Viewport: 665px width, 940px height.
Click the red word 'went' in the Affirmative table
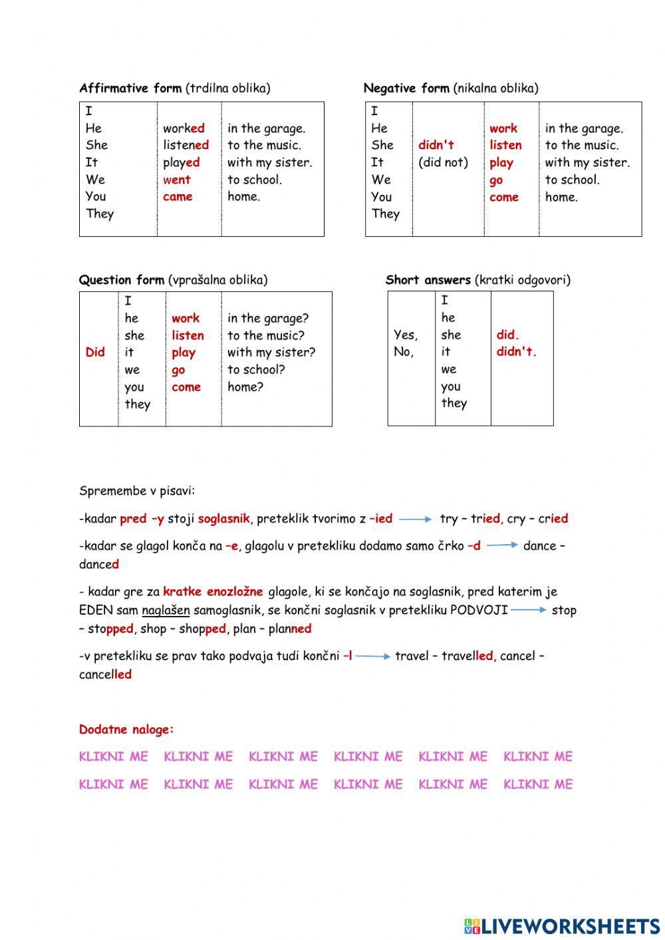pyautogui.click(x=177, y=180)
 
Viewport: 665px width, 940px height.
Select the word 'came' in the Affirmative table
pyautogui.click(x=178, y=197)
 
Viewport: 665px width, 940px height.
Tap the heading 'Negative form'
pyautogui.click(x=406, y=88)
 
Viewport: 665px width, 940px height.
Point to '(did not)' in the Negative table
pyautogui.click(x=443, y=162)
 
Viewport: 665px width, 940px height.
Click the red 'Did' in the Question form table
pyautogui.click(x=95, y=353)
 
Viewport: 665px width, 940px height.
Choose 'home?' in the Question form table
pyautogui.click(x=245, y=387)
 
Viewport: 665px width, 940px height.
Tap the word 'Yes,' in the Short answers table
pyautogui.click(x=406, y=335)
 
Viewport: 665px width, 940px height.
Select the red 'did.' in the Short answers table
pyautogui.click(x=507, y=335)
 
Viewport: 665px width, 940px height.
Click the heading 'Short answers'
pyautogui.click(x=429, y=280)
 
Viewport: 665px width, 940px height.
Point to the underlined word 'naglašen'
pyautogui.click(x=166, y=610)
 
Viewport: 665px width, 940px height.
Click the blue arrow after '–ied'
pyautogui.click(x=416, y=519)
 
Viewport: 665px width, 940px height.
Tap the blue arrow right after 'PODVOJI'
pyautogui.click(x=529, y=610)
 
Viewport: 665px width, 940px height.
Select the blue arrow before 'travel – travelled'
pyautogui.click(x=373, y=657)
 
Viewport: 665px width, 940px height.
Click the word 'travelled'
pyautogui.click(x=467, y=656)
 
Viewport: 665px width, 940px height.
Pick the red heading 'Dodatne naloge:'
pyautogui.click(x=126, y=730)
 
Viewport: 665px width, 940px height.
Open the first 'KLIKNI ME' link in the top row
pyautogui.click(x=114, y=757)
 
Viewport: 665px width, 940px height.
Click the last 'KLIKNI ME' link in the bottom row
pyautogui.click(x=538, y=785)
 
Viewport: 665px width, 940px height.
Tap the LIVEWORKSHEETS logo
pyautogui.click(x=562, y=926)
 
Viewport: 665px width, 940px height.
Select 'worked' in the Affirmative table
pyautogui.click(x=184, y=128)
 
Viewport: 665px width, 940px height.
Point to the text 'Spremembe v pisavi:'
pyautogui.click(x=137, y=492)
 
